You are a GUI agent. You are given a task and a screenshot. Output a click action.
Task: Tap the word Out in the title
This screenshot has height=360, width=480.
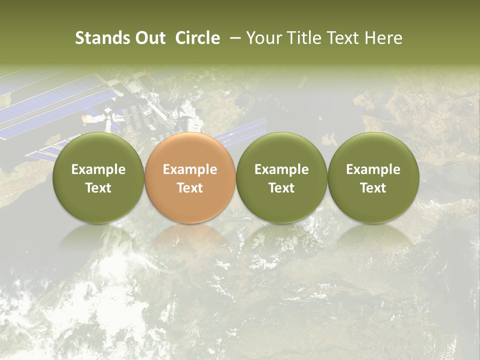click(149, 38)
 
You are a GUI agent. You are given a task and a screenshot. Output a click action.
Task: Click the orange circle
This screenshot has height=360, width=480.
click(190, 177)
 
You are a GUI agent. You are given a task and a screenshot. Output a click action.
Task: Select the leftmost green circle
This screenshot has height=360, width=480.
click(98, 177)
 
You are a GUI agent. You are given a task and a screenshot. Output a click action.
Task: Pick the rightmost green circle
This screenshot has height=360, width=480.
click(373, 177)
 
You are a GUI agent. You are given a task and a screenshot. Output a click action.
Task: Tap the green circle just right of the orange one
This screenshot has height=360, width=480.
click(281, 177)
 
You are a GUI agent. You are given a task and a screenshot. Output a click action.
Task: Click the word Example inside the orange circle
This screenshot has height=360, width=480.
click(190, 169)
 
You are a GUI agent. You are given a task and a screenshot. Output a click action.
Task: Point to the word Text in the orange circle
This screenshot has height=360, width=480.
click(190, 188)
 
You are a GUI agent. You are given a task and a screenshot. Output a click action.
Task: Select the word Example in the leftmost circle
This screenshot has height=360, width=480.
click(98, 169)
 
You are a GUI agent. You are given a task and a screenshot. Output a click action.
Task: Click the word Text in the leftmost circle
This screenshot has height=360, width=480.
click(98, 188)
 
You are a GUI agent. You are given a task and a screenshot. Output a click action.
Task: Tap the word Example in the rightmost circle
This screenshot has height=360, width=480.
click(373, 169)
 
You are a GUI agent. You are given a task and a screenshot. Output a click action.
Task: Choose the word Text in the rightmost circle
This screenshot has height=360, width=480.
click(373, 188)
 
